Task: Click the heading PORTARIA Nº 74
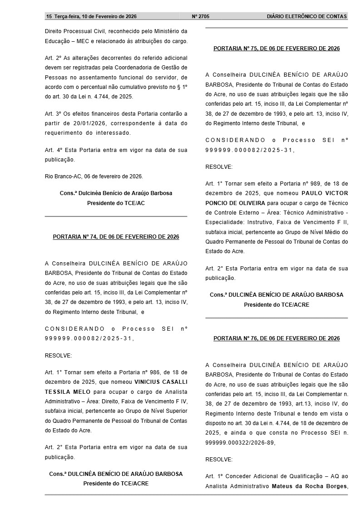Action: click(x=116, y=237)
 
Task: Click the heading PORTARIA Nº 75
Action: click(x=276, y=49)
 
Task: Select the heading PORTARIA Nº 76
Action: click(x=276, y=338)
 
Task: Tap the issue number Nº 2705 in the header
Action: click(x=201, y=16)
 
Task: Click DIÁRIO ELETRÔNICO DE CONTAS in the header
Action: click(x=307, y=16)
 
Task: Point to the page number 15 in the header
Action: click(x=49, y=16)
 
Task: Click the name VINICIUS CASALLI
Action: click(x=161, y=382)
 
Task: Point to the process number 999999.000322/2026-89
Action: click(x=240, y=443)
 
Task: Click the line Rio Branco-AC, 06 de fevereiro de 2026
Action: click(x=94, y=176)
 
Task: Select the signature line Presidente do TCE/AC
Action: click(x=116, y=203)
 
